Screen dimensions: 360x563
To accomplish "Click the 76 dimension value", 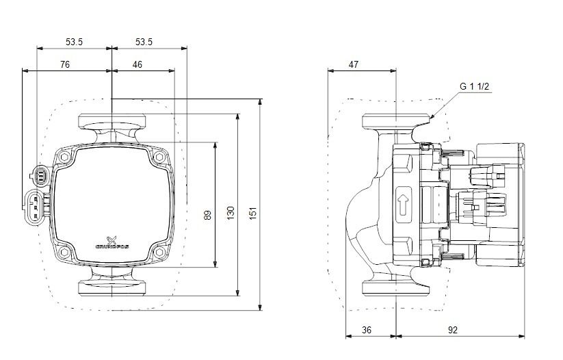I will pyautogui.click(x=64, y=64).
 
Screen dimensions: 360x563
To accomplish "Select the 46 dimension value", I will pyautogui.click(x=138, y=64).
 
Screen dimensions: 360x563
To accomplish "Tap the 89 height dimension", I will pyautogui.click(x=207, y=215).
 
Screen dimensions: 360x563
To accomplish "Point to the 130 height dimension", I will pyautogui.click(x=230, y=215).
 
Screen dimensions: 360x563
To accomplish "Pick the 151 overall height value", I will pyautogui.click(x=253, y=215).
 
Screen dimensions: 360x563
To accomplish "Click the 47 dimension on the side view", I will pyautogui.click(x=354, y=64).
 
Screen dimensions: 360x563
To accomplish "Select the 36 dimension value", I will pyautogui.click(x=366, y=330).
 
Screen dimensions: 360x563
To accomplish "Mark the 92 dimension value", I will pyautogui.click(x=452, y=330).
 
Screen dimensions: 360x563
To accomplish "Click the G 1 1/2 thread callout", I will pyautogui.click(x=475, y=86).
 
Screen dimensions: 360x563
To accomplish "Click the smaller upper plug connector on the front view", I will pyautogui.click(x=40, y=176).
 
